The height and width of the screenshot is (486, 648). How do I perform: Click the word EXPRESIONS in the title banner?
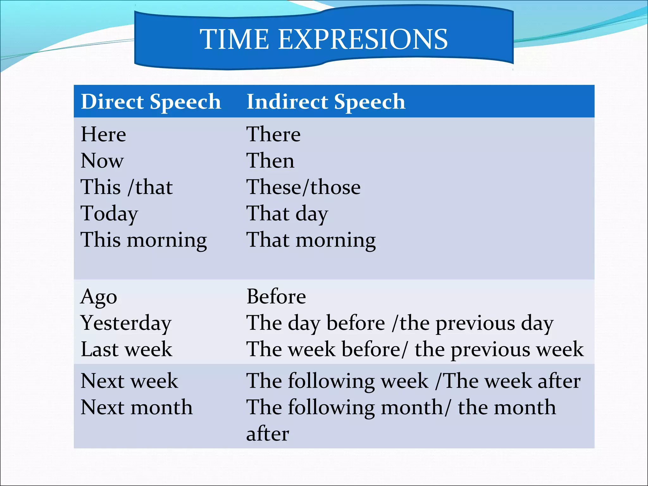click(363, 39)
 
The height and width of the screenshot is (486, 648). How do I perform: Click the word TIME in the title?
click(235, 39)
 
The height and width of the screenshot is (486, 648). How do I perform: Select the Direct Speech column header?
click(151, 102)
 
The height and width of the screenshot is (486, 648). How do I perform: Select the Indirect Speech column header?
click(326, 102)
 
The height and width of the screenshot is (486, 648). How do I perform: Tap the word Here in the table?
click(103, 134)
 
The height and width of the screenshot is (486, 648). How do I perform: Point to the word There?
click(273, 134)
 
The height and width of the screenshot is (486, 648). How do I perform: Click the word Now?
click(102, 160)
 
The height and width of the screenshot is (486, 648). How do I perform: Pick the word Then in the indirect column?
click(270, 160)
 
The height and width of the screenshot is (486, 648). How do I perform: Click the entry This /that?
click(127, 187)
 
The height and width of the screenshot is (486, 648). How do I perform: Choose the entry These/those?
click(303, 187)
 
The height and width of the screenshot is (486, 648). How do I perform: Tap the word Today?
click(109, 214)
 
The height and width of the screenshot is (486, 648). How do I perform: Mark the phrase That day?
click(287, 214)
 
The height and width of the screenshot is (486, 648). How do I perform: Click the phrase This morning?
click(144, 240)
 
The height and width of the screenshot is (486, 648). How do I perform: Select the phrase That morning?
click(311, 240)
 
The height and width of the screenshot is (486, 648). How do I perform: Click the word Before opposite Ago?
click(276, 296)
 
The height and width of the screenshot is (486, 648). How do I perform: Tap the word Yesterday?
click(126, 323)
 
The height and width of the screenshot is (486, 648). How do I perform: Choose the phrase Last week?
click(126, 349)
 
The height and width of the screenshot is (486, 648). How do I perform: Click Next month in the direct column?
click(136, 407)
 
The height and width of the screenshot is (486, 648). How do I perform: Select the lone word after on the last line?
click(267, 434)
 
